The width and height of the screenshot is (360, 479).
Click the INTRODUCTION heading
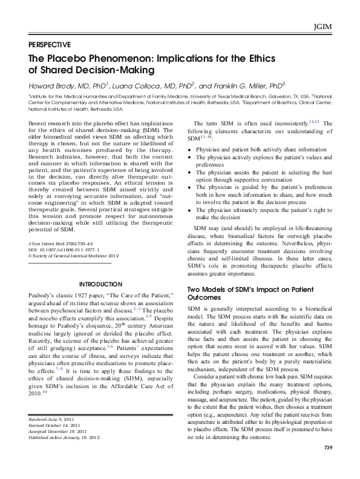point(100,284)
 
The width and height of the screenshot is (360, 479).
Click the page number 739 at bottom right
point(329,464)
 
